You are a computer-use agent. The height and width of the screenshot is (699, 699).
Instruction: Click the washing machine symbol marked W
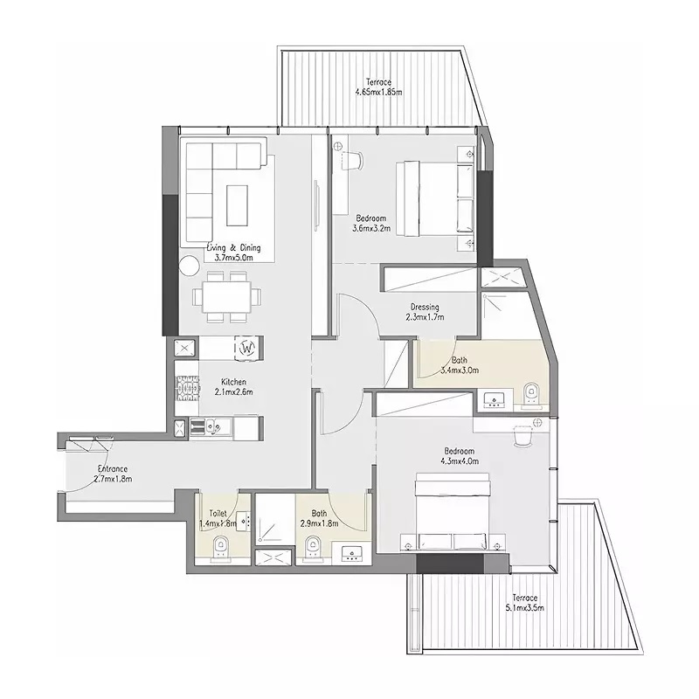coord(247,348)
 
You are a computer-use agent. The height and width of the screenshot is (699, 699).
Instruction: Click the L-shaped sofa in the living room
coord(210,188)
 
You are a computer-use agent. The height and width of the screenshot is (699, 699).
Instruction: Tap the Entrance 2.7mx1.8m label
coord(113,473)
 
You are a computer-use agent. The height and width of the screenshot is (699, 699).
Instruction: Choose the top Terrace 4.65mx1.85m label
coord(378,87)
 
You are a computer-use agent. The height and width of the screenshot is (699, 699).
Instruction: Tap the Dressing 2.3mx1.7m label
coord(423,312)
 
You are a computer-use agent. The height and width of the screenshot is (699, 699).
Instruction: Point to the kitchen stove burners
coord(185,389)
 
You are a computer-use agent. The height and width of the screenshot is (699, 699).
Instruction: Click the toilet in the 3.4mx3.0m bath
coord(531,396)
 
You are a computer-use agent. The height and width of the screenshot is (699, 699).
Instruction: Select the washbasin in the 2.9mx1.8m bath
coord(352,551)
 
